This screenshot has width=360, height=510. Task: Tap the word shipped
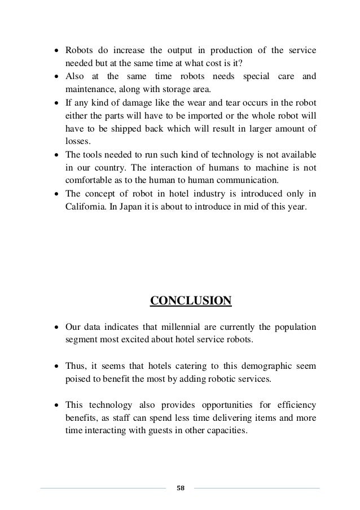[x=135, y=129]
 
